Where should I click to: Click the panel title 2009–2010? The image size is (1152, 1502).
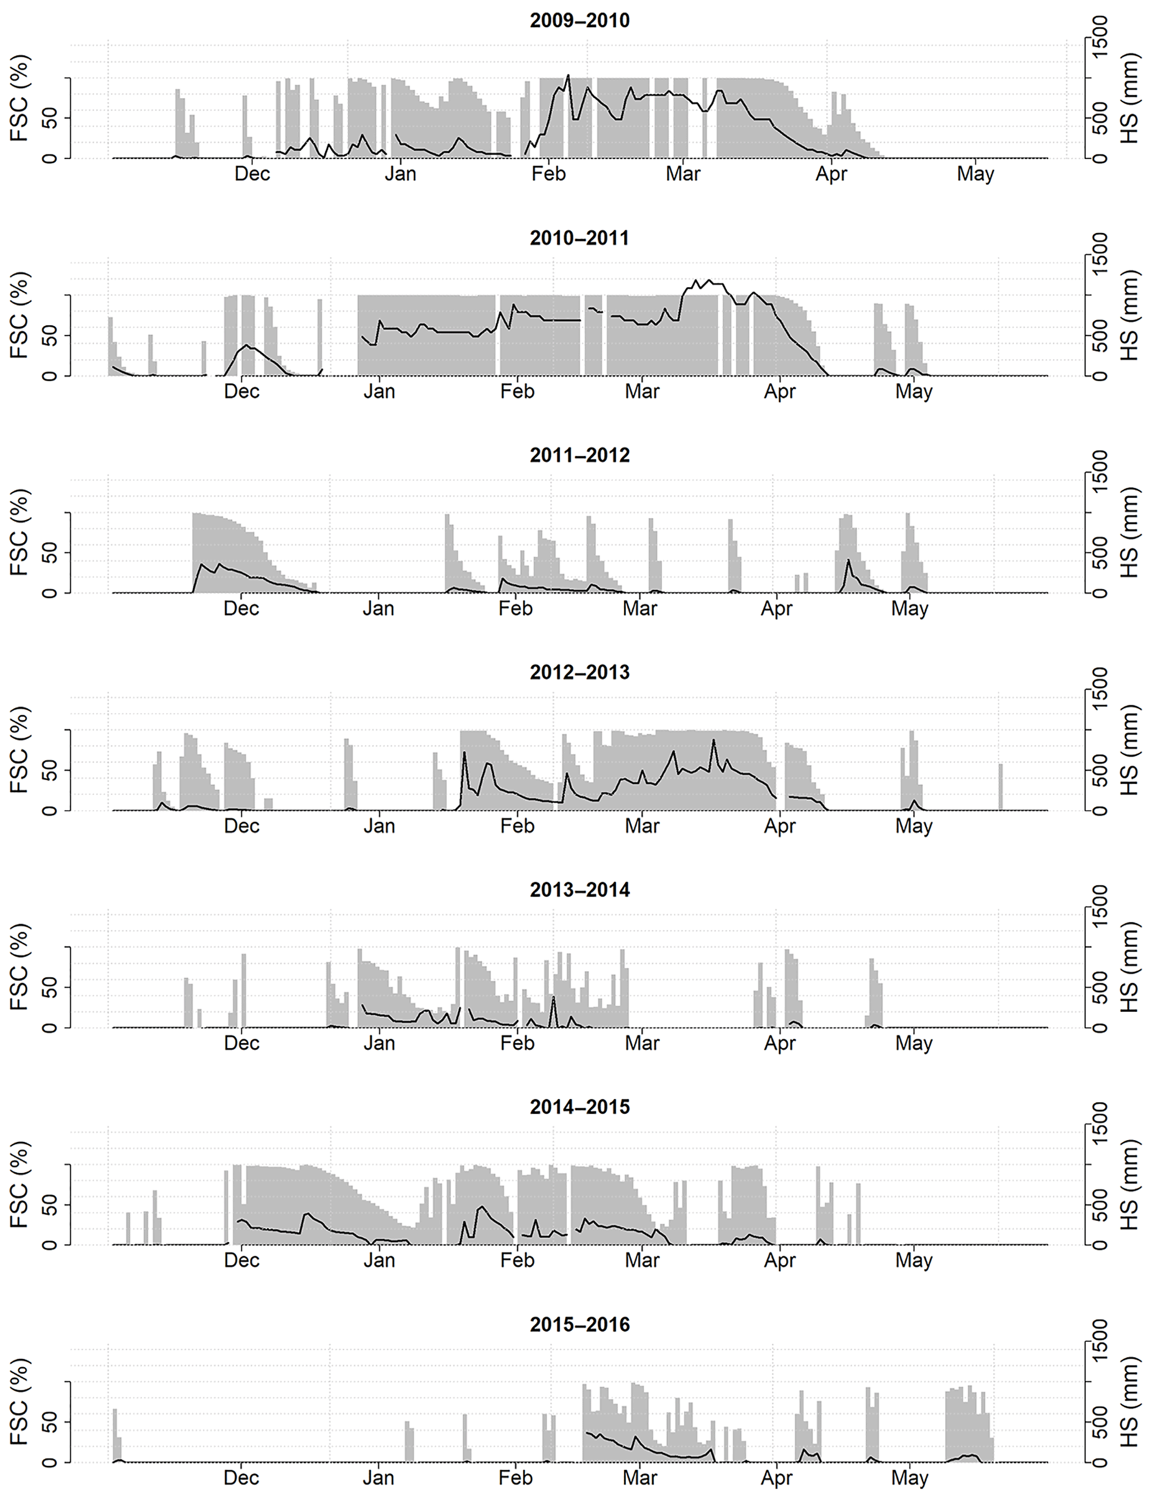tap(580, 21)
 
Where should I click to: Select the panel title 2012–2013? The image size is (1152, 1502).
tap(580, 672)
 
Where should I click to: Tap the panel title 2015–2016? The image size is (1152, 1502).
tap(580, 1324)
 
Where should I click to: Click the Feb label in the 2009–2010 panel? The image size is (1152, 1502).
tap(548, 174)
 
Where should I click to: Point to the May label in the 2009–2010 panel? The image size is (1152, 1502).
tap(975, 174)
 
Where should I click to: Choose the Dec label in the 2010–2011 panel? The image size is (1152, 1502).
tap(241, 391)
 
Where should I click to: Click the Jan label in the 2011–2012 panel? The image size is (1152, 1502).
tap(378, 608)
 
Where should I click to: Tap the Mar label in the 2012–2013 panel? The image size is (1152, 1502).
tap(642, 826)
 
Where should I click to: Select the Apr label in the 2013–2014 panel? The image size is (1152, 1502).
tap(780, 1043)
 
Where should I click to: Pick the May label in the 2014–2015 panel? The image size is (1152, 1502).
tap(913, 1261)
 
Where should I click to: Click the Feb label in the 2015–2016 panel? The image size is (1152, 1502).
tap(516, 1478)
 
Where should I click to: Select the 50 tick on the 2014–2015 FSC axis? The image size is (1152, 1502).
tap(50, 1204)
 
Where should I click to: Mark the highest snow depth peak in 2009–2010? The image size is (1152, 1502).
tap(568, 75)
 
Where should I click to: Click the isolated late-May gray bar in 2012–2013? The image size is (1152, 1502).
tap(1000, 787)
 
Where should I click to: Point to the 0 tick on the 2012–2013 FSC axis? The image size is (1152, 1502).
tap(50, 810)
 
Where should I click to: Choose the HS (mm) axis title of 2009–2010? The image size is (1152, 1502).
tap(1129, 98)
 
